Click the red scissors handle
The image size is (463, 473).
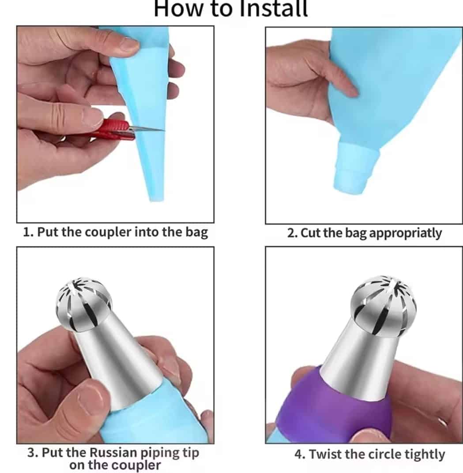tap(115, 130)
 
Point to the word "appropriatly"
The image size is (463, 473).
tap(406, 233)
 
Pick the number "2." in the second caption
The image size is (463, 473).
tap(293, 233)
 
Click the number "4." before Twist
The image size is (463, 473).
tap(300, 454)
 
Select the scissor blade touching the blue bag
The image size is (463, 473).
tap(148, 129)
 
